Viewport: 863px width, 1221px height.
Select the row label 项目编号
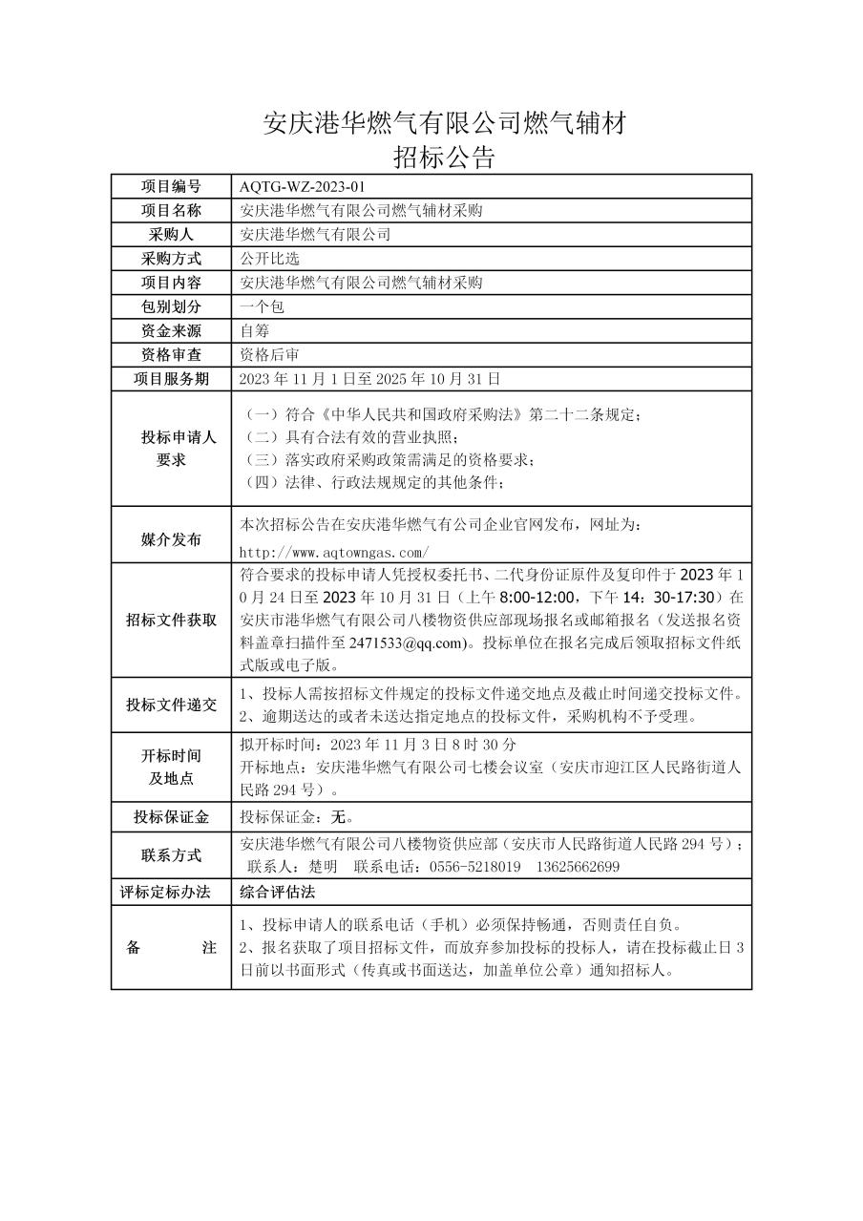pos(172,186)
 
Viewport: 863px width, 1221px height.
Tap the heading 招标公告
pos(444,157)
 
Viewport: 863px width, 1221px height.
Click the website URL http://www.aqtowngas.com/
pos(334,552)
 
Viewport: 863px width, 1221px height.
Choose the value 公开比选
pos(270,259)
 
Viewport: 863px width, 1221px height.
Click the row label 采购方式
pos(172,259)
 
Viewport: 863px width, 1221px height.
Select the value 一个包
pos(263,306)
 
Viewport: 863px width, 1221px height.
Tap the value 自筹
pos(255,330)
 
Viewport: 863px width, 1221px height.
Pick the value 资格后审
pos(270,354)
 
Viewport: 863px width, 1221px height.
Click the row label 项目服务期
pos(172,379)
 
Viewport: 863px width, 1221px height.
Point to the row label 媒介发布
pos(172,539)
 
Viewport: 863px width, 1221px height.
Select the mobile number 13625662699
pos(579,867)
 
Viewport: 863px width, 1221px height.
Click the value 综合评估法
pos(278,892)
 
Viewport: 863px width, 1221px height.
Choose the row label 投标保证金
pos(172,817)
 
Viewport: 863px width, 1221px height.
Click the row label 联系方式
pos(172,854)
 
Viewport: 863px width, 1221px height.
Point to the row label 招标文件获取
pos(172,620)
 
